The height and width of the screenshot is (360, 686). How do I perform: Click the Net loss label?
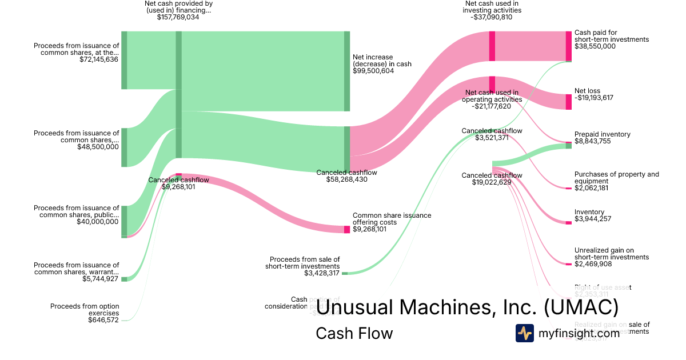click(x=587, y=91)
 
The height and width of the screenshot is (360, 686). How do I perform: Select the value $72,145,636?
click(x=99, y=59)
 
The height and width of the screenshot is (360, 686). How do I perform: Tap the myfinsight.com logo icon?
click(x=525, y=333)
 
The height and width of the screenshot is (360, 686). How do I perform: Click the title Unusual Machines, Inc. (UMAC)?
click(x=467, y=308)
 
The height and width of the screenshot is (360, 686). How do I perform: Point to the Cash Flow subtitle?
click(x=354, y=333)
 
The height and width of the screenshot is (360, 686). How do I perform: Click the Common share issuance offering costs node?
click(x=347, y=229)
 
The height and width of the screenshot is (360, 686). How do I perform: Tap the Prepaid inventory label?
click(x=603, y=134)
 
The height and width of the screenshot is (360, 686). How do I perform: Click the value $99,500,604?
click(x=373, y=71)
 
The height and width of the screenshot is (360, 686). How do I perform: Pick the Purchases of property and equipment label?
click(x=616, y=178)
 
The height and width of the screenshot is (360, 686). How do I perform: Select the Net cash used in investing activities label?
click(x=492, y=7)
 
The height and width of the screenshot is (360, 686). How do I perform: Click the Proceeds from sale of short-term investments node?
click(x=345, y=273)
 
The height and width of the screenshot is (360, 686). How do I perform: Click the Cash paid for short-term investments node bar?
click(x=568, y=46)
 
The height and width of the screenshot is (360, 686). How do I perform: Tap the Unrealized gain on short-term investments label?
click(x=612, y=254)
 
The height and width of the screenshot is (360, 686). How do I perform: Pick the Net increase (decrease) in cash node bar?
click(x=347, y=71)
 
